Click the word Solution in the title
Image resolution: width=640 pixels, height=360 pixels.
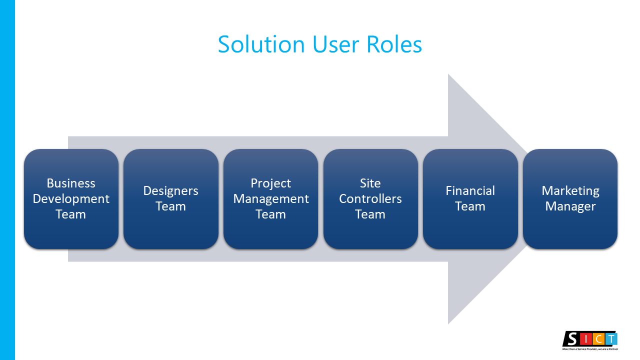[x=261, y=44]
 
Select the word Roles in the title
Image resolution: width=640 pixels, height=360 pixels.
[x=394, y=44]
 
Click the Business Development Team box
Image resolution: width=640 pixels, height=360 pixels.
[x=71, y=199]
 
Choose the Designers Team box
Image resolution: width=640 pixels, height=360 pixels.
[x=171, y=199]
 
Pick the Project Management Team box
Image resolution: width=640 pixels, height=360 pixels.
[x=270, y=199]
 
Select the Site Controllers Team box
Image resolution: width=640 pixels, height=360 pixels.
[x=370, y=199]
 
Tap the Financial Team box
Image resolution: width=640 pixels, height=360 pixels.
[x=470, y=199]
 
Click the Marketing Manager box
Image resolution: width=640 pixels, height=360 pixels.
[x=570, y=199]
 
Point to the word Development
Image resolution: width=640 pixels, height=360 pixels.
[x=71, y=199]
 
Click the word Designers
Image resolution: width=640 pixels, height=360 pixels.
[x=171, y=191]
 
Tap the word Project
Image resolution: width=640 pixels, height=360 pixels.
[x=270, y=183]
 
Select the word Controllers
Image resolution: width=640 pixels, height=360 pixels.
[x=370, y=199]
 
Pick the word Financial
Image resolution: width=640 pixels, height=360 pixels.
[x=470, y=191]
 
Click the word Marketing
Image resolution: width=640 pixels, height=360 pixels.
[x=570, y=191]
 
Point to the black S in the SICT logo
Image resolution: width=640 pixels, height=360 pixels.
[x=571, y=339]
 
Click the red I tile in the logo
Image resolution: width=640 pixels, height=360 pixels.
[x=586, y=339]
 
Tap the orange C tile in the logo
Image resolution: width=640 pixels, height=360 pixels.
[x=598, y=339]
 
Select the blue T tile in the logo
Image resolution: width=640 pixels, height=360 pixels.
[x=611, y=339]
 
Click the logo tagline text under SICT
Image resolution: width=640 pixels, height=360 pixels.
[x=590, y=349]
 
